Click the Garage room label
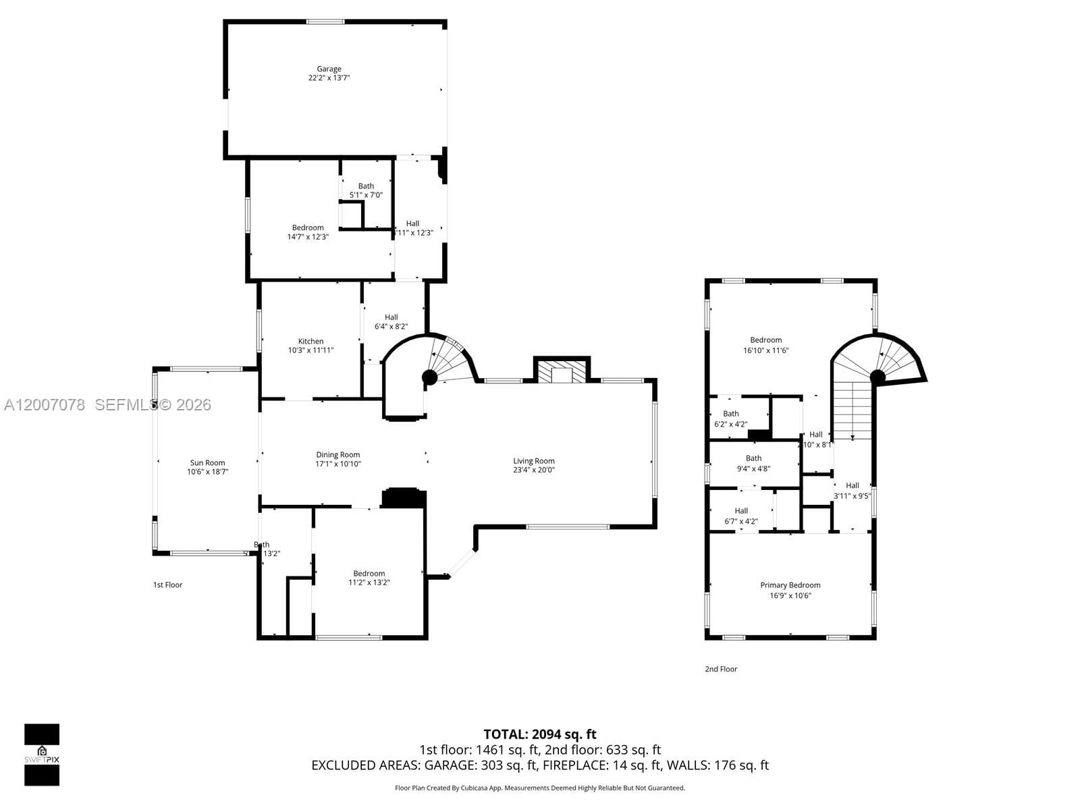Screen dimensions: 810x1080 pos(329,69)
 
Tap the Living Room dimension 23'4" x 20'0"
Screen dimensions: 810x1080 pos(533,470)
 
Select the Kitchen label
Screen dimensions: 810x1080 pos(310,341)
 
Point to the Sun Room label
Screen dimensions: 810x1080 pos(207,463)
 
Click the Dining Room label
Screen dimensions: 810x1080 pos(337,455)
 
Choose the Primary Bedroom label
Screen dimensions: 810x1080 pos(790,585)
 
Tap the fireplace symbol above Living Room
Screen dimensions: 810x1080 pos(562,372)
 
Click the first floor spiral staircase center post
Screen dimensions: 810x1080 pos(429,377)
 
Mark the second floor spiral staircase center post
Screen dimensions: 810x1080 pos(878,377)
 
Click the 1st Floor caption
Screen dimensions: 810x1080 pos(167,585)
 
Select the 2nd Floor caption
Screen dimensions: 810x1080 pos(721,669)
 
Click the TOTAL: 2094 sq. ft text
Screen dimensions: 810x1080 pos(539,734)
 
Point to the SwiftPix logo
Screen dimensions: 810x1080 pos(42,754)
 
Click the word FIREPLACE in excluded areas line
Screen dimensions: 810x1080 pos(574,765)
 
